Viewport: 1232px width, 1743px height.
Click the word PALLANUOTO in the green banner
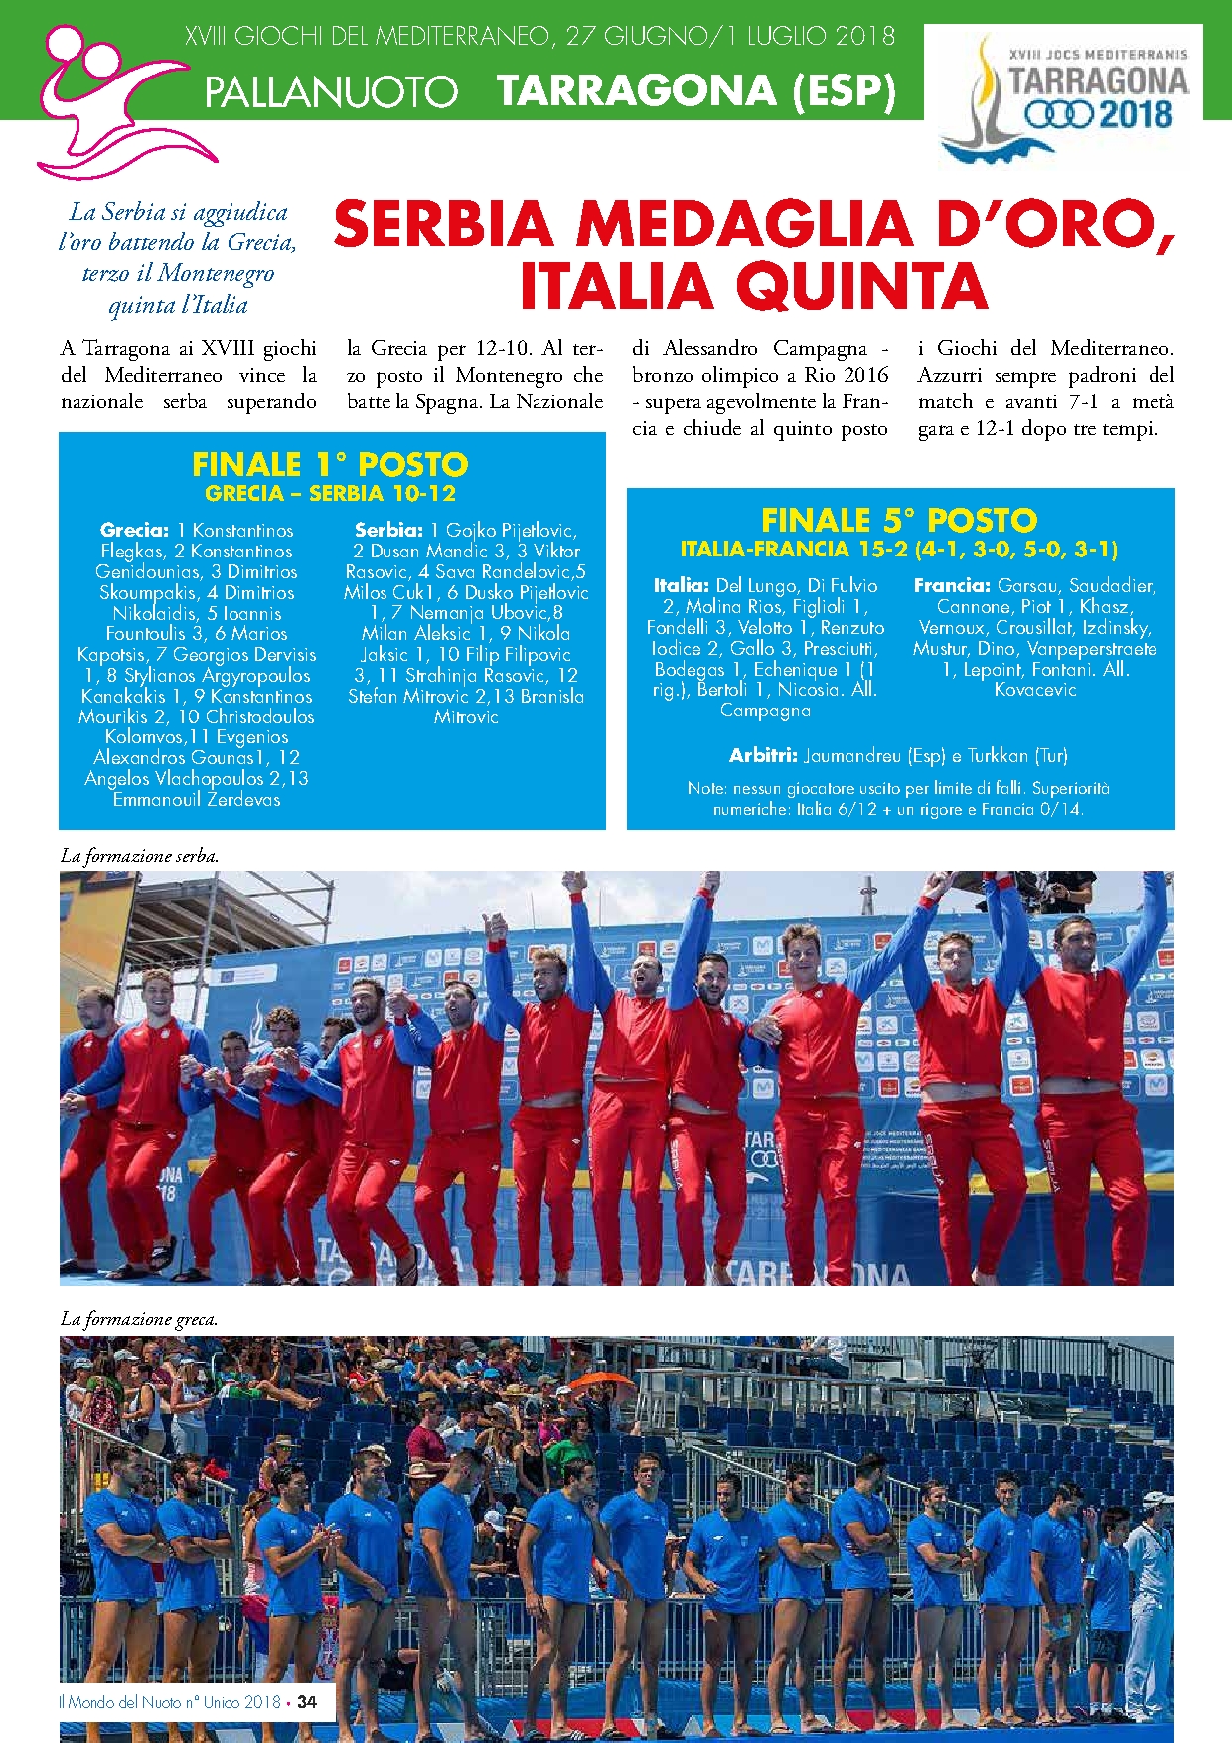click(331, 93)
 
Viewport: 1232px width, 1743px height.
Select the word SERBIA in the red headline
click(443, 225)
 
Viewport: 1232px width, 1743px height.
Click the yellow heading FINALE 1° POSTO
click(330, 464)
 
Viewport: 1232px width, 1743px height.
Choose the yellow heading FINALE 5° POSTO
click(899, 520)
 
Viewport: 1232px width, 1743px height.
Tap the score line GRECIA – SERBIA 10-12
click(330, 493)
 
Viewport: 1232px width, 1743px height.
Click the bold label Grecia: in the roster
click(134, 530)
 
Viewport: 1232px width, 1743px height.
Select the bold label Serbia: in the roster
click(388, 530)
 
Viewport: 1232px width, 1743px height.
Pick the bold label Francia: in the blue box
click(952, 585)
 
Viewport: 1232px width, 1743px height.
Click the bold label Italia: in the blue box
click(681, 585)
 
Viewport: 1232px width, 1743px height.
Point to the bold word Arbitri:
click(763, 755)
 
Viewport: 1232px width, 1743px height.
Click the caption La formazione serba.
click(139, 855)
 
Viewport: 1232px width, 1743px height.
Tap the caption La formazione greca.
click(139, 1319)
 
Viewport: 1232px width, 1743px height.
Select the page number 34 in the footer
click(307, 1702)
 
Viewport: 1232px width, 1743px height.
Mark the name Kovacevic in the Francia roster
click(1035, 689)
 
